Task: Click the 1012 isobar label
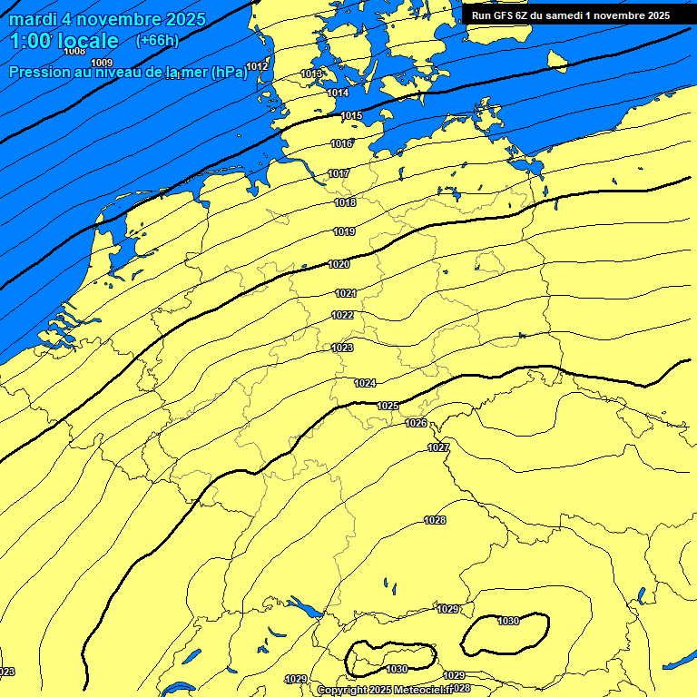[x=257, y=65]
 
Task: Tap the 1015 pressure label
[x=351, y=115]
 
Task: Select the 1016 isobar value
[x=341, y=143]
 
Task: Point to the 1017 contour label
[x=339, y=173]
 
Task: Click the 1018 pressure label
[x=345, y=202]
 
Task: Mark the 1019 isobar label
[x=344, y=232]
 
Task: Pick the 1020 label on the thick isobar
[x=339, y=264]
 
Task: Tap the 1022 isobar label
[x=342, y=315]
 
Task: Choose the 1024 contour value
[x=365, y=383]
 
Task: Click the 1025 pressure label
[x=388, y=405]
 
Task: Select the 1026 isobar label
[x=416, y=423]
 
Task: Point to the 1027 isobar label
[x=438, y=447]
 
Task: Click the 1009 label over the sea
[x=102, y=62]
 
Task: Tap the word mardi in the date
[x=33, y=19]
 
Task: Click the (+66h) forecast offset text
[x=156, y=41]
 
